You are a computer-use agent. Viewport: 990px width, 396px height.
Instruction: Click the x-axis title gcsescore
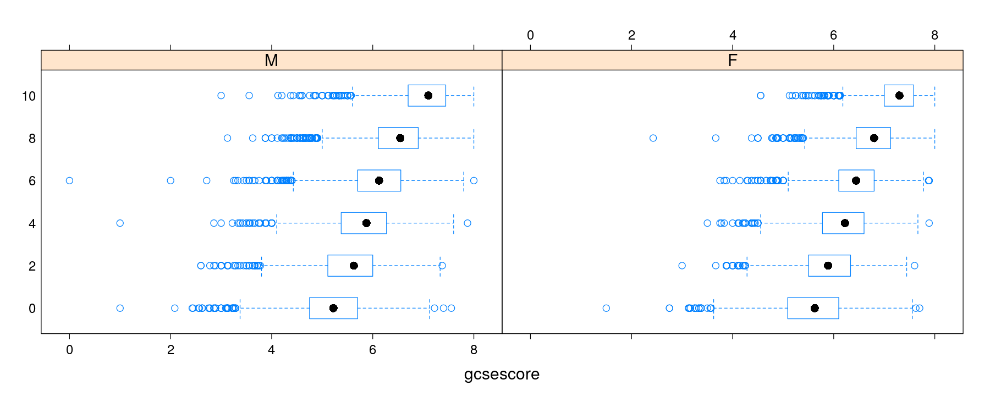pos(502,374)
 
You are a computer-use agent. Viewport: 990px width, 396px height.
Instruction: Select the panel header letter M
pos(271,61)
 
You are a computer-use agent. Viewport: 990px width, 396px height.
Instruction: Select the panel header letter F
pos(732,61)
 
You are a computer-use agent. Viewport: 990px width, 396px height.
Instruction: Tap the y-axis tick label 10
pos(29,96)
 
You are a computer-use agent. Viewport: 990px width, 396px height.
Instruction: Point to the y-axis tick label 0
pos(32,309)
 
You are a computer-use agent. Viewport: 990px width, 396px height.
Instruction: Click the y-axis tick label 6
pos(32,181)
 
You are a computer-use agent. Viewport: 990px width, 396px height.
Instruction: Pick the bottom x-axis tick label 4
pos(271,350)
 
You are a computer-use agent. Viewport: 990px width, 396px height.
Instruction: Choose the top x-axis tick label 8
pos(934,35)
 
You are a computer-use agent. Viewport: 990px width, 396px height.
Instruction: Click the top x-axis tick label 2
pos(631,35)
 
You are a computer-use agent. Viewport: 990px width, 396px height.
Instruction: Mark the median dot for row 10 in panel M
pos(428,96)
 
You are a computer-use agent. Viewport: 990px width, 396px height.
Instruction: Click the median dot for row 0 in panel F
pos(815,308)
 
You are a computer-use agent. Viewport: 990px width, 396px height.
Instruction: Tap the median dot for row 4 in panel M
pos(366,223)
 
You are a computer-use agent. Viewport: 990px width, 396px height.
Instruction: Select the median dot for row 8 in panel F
pos(874,138)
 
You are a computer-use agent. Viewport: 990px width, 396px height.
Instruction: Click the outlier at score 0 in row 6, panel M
pos(69,180)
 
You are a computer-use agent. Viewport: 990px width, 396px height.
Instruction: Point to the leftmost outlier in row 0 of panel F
pos(606,308)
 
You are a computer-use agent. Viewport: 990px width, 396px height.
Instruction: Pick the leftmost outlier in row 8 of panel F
pos(653,138)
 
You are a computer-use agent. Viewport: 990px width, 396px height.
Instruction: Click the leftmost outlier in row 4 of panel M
pos(120,223)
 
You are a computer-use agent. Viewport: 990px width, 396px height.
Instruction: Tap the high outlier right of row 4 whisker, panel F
pos(929,223)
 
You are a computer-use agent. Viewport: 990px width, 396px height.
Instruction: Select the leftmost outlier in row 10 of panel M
pos(221,96)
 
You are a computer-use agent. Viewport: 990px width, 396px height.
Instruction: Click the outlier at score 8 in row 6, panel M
pos(474,180)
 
